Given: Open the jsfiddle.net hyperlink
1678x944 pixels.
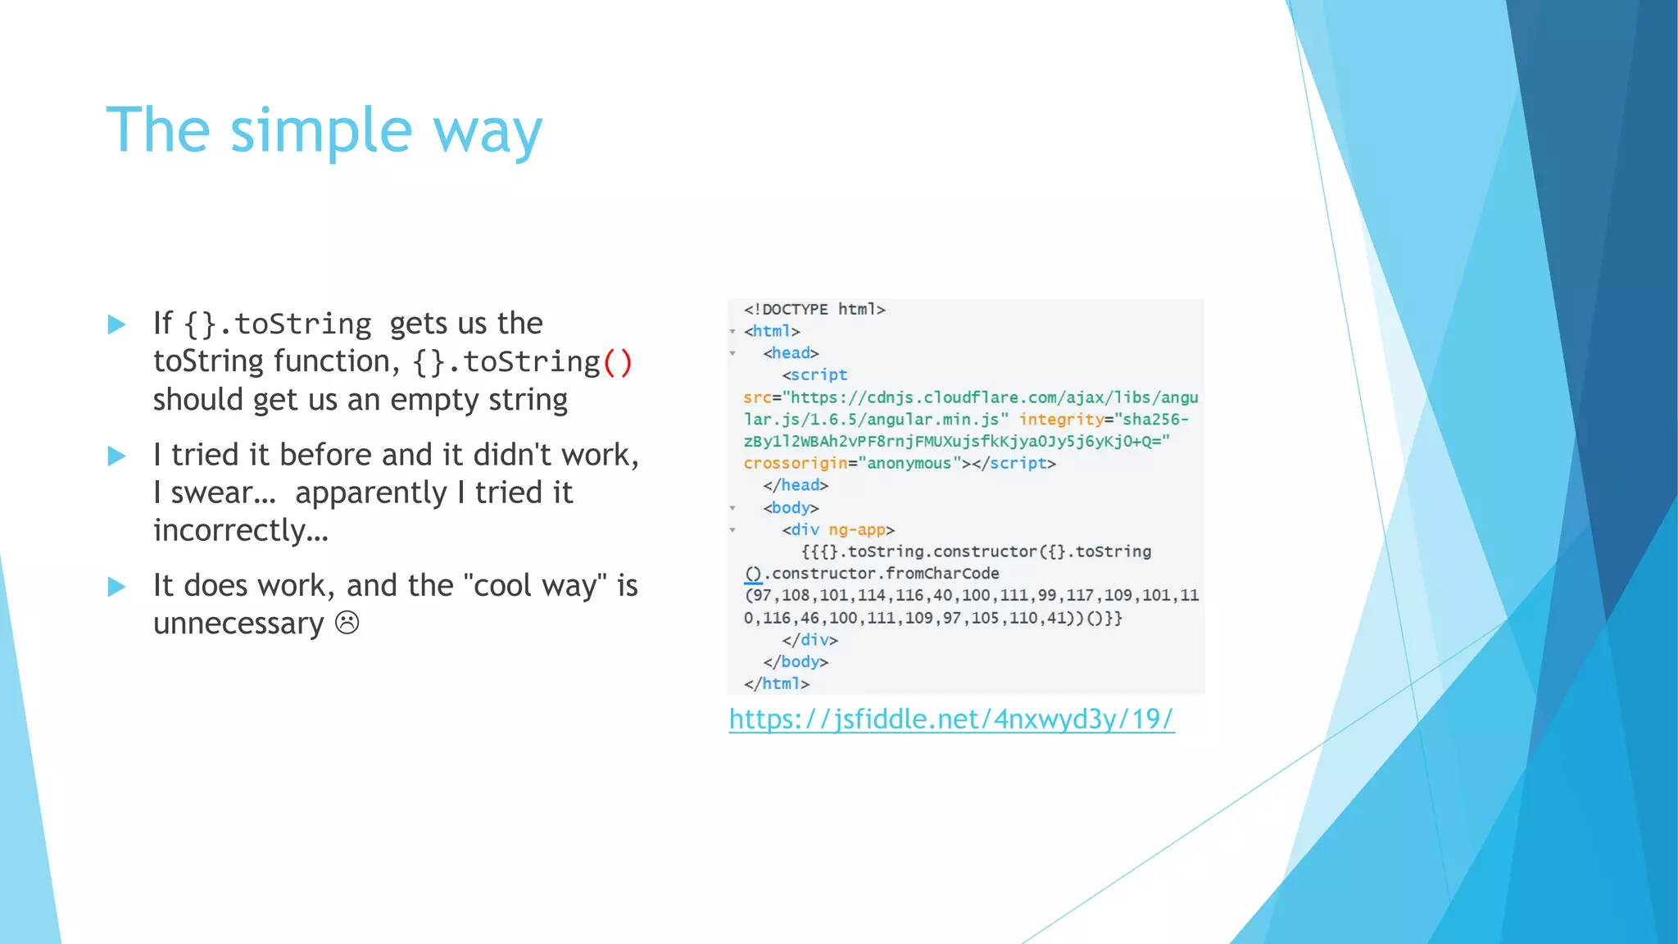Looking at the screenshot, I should click(951, 719).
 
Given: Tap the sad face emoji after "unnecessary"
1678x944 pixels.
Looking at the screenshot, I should click(347, 623).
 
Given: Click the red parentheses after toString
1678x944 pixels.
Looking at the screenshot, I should click(617, 362).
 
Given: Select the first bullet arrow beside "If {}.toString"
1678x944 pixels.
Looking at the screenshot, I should click(117, 324).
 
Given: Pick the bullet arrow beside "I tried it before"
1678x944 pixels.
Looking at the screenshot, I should click(117, 456).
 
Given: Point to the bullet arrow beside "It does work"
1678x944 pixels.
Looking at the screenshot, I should click(117, 587).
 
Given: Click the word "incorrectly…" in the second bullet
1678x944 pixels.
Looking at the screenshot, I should click(241, 530).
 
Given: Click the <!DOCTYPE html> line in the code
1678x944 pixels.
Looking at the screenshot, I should click(814, 309).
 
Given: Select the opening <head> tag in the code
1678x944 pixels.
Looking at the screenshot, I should click(791, 353).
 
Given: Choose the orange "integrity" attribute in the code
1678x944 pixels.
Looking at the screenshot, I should click(1061, 420).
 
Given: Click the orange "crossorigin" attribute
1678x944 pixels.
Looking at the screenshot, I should click(795, 464).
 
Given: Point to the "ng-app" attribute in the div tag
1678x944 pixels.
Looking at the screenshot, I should click(857, 529).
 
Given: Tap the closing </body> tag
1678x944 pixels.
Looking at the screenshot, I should click(796, 661).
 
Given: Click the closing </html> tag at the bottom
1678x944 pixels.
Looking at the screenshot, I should click(776, 683).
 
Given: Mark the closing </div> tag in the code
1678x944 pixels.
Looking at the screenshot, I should click(810, 640).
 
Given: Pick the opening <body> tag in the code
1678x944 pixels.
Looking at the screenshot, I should click(791, 508).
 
